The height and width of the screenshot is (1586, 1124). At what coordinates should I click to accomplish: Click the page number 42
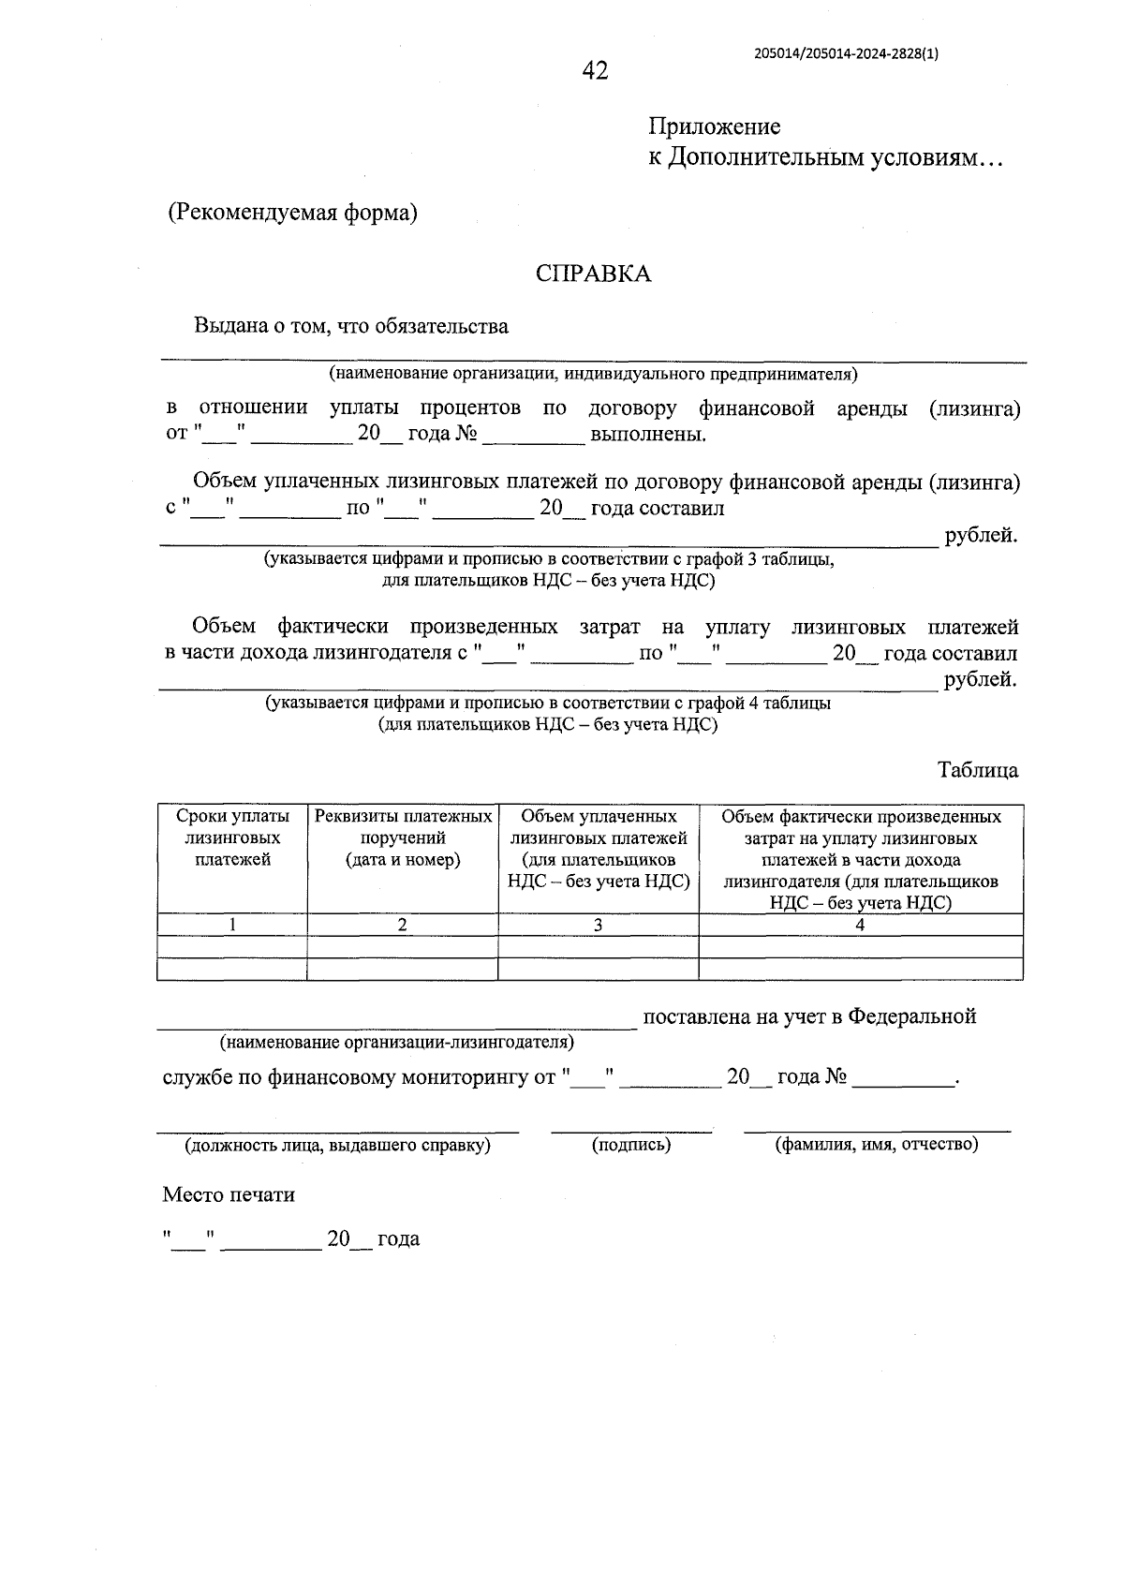[595, 71]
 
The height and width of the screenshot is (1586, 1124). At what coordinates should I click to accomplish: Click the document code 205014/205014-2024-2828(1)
[846, 53]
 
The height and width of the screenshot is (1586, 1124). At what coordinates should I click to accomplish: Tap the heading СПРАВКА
[593, 274]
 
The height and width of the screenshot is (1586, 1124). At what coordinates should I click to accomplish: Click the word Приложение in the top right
[715, 126]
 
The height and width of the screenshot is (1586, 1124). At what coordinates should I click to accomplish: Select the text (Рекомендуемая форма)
[292, 213]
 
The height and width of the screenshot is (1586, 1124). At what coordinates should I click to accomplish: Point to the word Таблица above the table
[978, 770]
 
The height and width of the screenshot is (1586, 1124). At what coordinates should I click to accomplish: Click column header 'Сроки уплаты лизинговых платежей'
[232, 837]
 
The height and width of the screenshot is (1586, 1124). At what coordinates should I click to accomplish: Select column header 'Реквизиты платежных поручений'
[403, 837]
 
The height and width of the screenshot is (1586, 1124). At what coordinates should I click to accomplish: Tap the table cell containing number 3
[598, 925]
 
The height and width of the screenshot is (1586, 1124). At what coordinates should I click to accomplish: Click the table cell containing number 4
[860, 925]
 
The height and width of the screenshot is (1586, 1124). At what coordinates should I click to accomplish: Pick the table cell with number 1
[232, 925]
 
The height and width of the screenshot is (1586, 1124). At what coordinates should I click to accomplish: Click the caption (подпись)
[631, 1144]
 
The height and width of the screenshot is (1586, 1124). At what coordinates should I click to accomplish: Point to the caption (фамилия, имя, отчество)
[876, 1144]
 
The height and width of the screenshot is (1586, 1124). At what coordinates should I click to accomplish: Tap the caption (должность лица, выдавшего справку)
[337, 1145]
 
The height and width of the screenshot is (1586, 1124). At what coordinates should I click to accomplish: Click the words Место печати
[229, 1194]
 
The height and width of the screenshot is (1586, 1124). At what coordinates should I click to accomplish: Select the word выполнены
[647, 435]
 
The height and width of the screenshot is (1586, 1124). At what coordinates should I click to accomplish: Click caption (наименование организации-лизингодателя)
[397, 1042]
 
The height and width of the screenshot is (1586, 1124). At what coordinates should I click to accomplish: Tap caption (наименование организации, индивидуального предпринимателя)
[593, 375]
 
